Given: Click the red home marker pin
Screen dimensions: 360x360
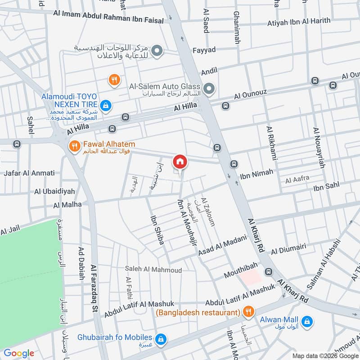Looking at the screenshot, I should pyautogui.click(x=180, y=162).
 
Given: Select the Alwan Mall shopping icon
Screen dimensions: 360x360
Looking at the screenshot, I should pyautogui.click(x=307, y=321).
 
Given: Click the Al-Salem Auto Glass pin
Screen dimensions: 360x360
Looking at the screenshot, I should pyautogui.click(x=208, y=89).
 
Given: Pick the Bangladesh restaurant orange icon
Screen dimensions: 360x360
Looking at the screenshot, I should pyautogui.click(x=247, y=311).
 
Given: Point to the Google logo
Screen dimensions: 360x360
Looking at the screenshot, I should pyautogui.click(x=19, y=353).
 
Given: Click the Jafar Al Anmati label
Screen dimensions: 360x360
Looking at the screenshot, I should pyautogui.click(x=29, y=173).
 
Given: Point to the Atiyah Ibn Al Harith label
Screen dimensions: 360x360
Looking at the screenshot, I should pyautogui.click(x=298, y=21).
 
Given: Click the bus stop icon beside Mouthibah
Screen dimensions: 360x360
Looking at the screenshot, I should pyautogui.click(x=269, y=271).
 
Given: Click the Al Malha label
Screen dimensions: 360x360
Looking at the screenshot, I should pyautogui.click(x=67, y=204).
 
